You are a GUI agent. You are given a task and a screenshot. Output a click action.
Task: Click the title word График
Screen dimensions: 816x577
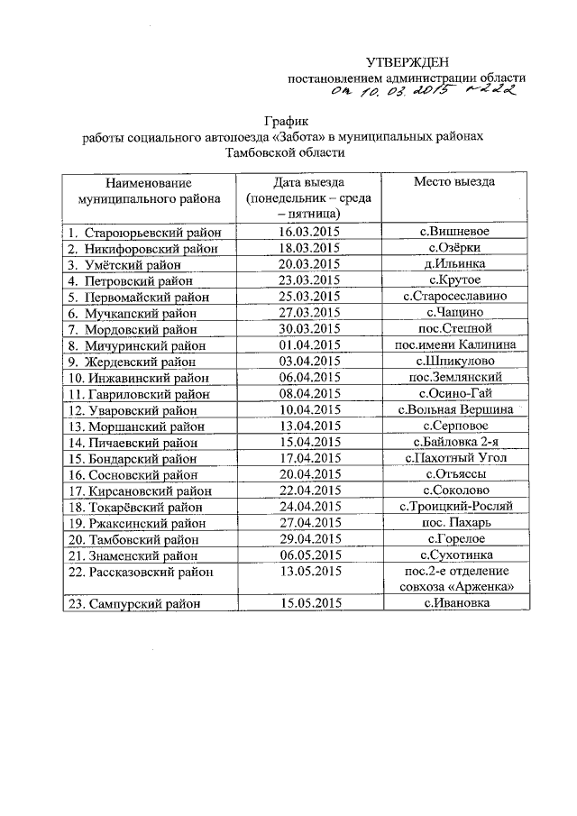click(287, 121)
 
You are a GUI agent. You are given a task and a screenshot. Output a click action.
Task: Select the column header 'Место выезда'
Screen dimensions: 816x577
click(454, 181)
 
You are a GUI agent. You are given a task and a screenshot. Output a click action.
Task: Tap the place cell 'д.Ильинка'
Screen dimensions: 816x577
click(454, 264)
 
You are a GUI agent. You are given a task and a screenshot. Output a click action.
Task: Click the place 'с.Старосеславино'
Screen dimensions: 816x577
click(454, 297)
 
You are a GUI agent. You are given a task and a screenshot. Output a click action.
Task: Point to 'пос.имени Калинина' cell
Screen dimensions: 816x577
click(454, 344)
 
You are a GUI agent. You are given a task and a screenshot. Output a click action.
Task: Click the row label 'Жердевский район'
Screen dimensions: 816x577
click(128, 361)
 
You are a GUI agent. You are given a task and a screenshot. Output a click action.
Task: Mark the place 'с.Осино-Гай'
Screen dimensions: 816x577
click(454, 393)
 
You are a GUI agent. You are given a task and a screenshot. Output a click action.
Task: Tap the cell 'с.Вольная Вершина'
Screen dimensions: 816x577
click(454, 409)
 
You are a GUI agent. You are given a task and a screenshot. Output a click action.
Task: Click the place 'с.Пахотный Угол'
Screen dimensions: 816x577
click(454, 458)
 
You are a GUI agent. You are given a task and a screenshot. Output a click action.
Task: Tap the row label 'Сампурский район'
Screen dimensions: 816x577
click(131, 603)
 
